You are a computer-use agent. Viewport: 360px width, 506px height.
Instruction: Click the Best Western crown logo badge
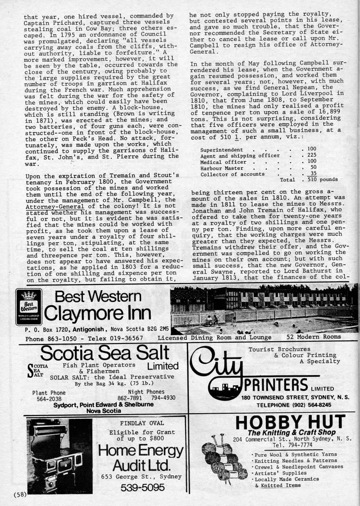29,308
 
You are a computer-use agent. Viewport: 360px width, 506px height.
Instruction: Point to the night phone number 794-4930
163,398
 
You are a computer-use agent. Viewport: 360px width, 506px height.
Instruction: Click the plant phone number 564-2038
49,398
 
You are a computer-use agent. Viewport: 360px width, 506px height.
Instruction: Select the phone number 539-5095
141,488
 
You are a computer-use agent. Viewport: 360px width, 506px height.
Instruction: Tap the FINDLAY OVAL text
142,423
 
